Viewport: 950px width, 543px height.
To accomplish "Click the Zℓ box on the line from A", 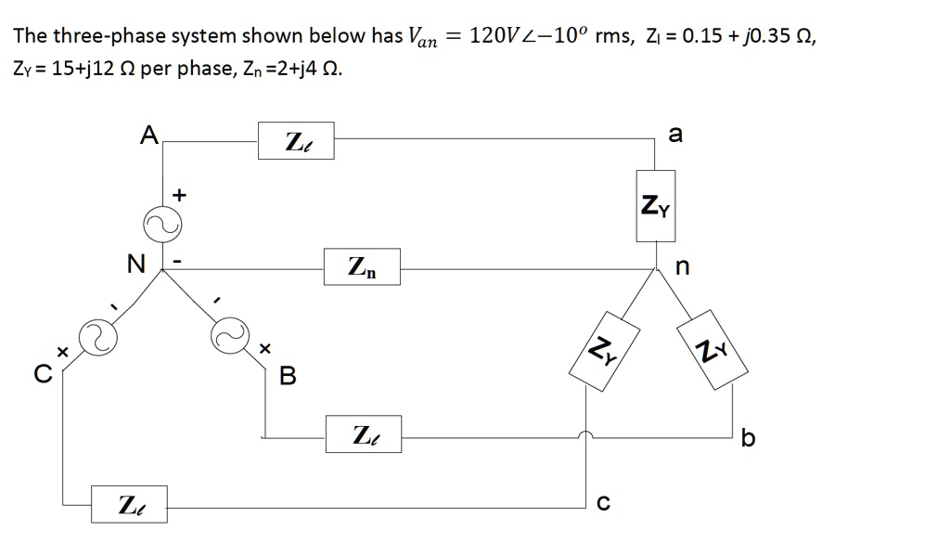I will (x=296, y=142).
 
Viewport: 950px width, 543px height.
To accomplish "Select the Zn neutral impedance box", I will (x=362, y=268).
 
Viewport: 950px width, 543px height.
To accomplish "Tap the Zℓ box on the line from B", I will (x=363, y=433).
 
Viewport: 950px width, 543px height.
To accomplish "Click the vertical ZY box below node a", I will (x=657, y=206).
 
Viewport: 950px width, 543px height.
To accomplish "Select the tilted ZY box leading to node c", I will (x=604, y=349).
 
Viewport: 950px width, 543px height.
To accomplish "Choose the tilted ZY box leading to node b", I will (x=712, y=349).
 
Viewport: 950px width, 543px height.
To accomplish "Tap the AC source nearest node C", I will (x=96, y=337).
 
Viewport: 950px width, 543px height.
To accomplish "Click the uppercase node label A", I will (x=148, y=136).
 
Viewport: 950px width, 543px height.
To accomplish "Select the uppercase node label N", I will (x=135, y=265).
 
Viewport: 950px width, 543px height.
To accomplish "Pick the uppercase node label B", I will (x=288, y=376).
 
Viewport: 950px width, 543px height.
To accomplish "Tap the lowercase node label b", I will (x=749, y=437).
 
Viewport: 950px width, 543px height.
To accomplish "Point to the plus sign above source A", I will (x=180, y=195).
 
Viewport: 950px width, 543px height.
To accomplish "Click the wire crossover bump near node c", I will (x=585, y=434).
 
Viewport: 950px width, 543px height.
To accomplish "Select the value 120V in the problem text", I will (x=500, y=36).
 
